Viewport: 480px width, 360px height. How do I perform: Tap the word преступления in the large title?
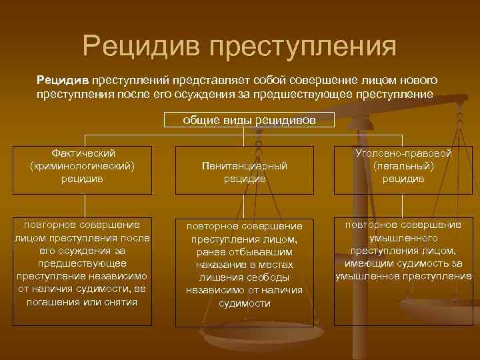pyautogui.click(x=303, y=47)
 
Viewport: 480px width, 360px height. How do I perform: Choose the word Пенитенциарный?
pyautogui.click(x=245, y=166)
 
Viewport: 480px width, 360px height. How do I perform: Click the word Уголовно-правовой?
pyautogui.click(x=403, y=153)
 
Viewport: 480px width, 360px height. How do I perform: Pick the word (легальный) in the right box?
pyautogui.click(x=403, y=166)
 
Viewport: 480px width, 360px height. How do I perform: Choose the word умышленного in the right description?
pyautogui.click(x=403, y=238)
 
